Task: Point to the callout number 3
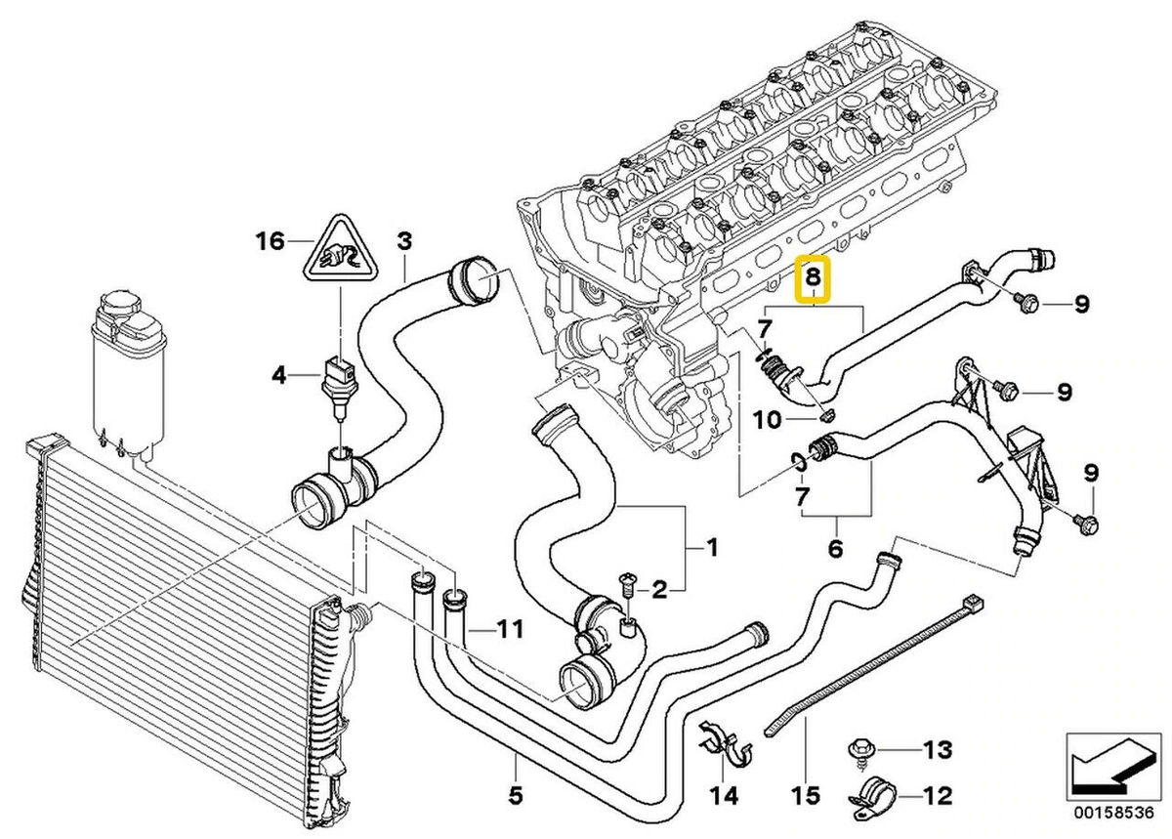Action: click(404, 240)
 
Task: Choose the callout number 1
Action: click(712, 548)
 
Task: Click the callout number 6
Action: click(835, 549)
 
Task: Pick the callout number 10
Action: click(769, 420)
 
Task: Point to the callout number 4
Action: click(279, 374)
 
